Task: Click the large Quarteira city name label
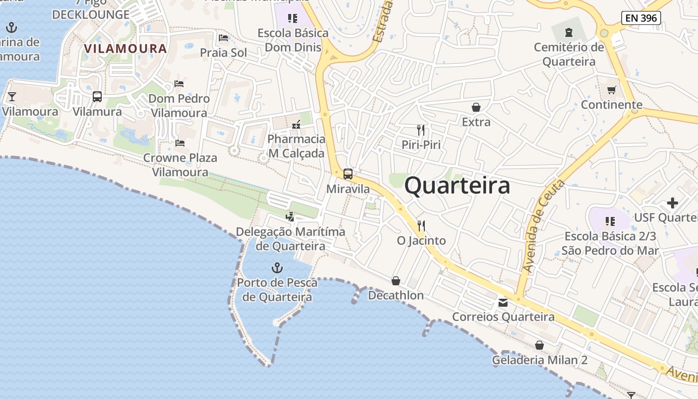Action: point(457,186)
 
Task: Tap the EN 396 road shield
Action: point(641,18)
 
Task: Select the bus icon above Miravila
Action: point(348,174)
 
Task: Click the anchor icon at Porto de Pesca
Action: point(277,268)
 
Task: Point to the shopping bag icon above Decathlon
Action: point(396,281)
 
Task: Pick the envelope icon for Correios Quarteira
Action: point(503,303)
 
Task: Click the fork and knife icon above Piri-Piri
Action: point(421,130)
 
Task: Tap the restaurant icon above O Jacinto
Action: point(421,226)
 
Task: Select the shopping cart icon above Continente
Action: point(611,90)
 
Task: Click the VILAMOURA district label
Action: point(125,49)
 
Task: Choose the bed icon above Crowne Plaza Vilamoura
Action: point(180,143)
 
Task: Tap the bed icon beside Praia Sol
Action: point(223,38)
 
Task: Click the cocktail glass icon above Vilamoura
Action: point(12,96)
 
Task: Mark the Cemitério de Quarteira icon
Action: point(569,33)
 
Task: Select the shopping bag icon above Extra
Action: point(476,107)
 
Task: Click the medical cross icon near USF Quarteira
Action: point(673,203)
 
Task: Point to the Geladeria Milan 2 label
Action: point(540,360)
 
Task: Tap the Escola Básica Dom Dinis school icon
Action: point(293,18)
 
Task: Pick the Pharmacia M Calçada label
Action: point(297,146)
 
